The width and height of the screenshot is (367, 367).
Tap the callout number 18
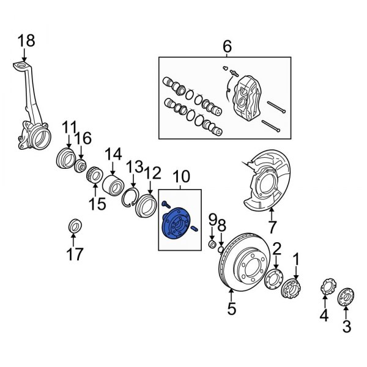26,41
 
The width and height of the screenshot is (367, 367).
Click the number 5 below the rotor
231,309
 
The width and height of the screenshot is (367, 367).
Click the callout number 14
114,153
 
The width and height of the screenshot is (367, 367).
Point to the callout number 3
347,327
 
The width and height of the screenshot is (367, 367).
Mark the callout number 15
95,202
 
